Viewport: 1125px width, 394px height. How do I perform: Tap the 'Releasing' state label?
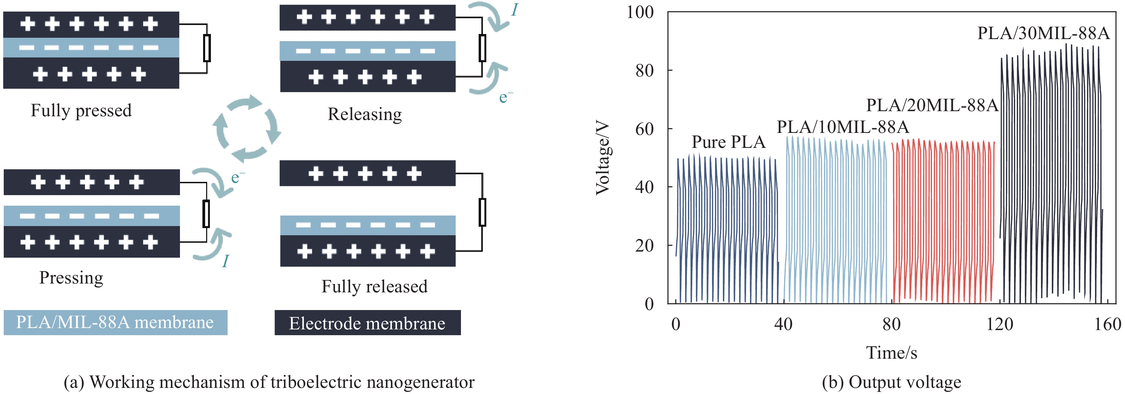tap(365, 114)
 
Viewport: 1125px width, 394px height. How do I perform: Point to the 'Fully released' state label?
tap(374, 287)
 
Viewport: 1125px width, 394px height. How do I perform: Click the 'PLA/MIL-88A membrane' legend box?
tap(115, 323)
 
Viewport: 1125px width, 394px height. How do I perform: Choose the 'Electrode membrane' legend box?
tap(367, 323)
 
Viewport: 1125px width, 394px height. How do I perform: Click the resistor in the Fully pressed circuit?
tap(207, 48)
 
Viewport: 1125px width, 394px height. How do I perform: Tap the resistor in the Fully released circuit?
tap(482, 212)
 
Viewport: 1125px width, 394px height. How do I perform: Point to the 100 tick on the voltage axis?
tap(640, 12)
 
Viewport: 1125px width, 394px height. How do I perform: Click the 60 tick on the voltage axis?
tap(644, 129)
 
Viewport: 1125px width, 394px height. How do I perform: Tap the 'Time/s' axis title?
tap(891, 353)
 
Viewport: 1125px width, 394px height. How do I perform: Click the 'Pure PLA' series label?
tap(728, 142)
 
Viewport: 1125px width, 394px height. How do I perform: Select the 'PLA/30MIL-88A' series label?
tap(1043, 33)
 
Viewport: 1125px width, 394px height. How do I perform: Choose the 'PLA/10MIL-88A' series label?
tap(842, 127)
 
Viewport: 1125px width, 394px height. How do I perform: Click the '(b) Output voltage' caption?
tap(891, 382)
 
